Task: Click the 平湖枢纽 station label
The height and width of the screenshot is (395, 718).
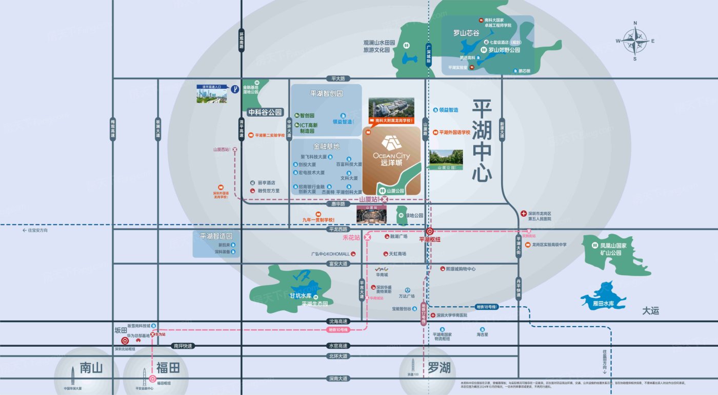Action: [430, 239]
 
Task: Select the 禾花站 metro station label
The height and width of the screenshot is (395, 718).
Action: [352, 238]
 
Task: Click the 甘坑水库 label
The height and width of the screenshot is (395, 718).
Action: [301, 296]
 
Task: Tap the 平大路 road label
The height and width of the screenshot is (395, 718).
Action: [338, 79]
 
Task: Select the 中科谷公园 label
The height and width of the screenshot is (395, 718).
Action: [265, 112]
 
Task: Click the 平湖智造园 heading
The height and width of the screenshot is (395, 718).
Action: [216, 237]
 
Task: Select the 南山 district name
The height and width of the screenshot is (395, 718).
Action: [91, 368]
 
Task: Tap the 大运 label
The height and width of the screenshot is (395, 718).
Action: [650, 311]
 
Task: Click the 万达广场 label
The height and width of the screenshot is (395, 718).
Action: [407, 296]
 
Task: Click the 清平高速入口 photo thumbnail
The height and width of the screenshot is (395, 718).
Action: [211, 94]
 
